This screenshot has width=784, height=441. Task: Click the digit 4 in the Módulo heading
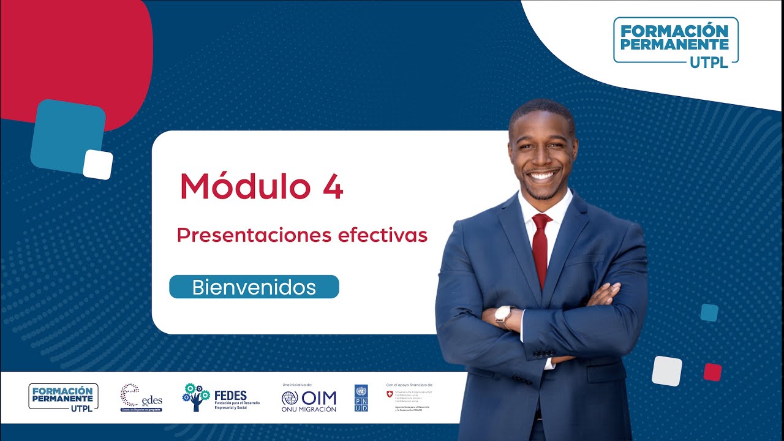[x=331, y=186]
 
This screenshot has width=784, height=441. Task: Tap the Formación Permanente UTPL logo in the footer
[x=64, y=398]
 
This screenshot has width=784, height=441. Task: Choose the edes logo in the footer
[x=141, y=398]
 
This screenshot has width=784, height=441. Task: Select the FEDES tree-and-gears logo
[x=196, y=397]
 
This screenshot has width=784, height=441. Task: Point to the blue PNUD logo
[x=361, y=398]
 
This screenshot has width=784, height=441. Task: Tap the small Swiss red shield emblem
[x=390, y=394]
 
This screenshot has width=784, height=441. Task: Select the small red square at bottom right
[x=712, y=372]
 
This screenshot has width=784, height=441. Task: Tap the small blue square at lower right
[x=709, y=312]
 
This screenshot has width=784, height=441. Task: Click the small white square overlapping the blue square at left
[x=98, y=164]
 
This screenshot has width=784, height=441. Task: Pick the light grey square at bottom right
[x=666, y=371]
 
